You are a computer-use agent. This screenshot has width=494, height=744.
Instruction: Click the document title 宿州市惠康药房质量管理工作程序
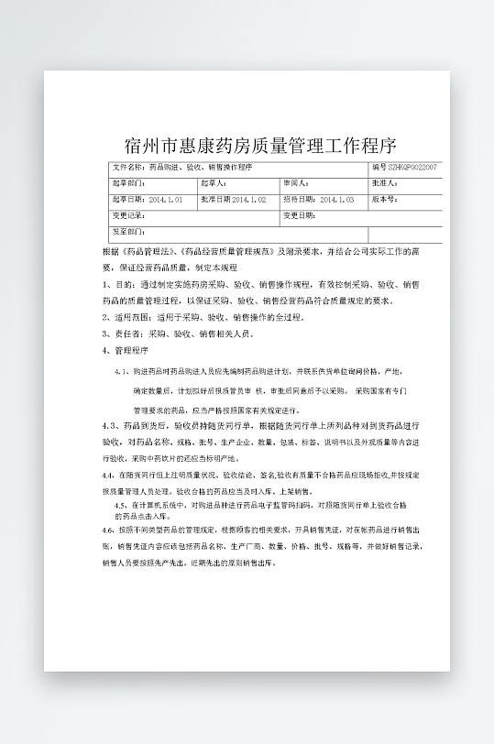[x=260, y=145]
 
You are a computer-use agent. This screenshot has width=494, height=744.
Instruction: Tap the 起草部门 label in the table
[x=128, y=183]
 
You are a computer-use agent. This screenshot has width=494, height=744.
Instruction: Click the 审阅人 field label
[x=296, y=183]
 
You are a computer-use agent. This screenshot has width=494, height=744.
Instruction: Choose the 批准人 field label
[x=384, y=183]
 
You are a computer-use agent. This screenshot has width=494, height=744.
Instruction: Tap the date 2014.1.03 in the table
[x=336, y=199]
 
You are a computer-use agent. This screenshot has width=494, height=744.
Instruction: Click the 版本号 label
[x=384, y=199]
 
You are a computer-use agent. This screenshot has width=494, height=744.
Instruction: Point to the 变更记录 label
[x=128, y=215]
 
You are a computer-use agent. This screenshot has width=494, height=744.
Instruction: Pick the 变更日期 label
[x=300, y=215]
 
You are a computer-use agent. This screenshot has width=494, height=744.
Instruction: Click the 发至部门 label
[x=128, y=232]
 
